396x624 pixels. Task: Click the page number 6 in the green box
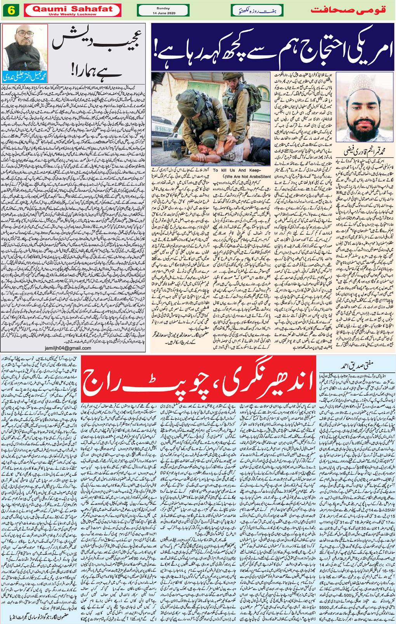tap(11, 10)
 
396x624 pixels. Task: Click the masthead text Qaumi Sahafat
tap(73, 9)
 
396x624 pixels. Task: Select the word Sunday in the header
tap(163, 8)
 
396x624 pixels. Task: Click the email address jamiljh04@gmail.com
tap(68, 348)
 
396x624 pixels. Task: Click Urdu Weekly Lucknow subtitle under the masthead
tap(73, 14)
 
